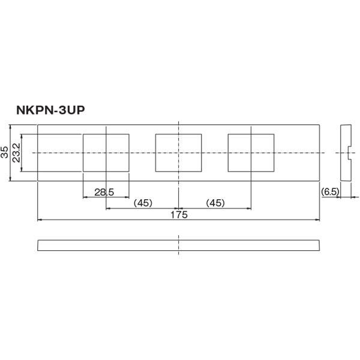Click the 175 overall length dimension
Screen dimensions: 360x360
click(x=179, y=215)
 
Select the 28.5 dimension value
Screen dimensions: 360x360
click(x=104, y=191)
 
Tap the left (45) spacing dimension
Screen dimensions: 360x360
click(x=143, y=203)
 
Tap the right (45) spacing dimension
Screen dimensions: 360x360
click(x=215, y=203)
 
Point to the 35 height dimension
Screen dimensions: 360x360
click(x=5, y=152)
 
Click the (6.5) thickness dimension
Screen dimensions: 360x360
click(x=331, y=191)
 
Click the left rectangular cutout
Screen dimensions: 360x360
click(x=106, y=152)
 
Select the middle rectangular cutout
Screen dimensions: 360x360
click(x=178, y=152)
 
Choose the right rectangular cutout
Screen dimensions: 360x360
click(x=251, y=152)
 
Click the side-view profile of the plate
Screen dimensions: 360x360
click(x=345, y=152)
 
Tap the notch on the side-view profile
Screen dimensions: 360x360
click(x=349, y=154)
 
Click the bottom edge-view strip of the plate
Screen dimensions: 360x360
click(x=179, y=245)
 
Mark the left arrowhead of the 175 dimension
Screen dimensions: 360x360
click(x=40, y=220)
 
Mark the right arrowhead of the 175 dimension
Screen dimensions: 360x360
click(x=318, y=220)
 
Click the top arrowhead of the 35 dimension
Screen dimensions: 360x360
click(x=11, y=127)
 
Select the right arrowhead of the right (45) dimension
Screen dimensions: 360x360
click(x=249, y=208)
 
